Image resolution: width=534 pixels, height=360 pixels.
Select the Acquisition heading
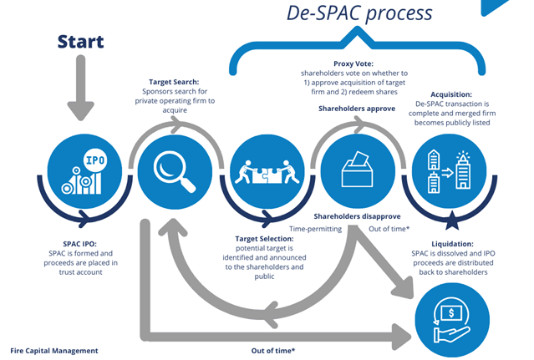pos(451,94)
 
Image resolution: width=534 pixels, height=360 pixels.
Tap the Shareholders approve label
pos(355,109)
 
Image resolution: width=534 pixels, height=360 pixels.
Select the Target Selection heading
pos(265,239)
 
